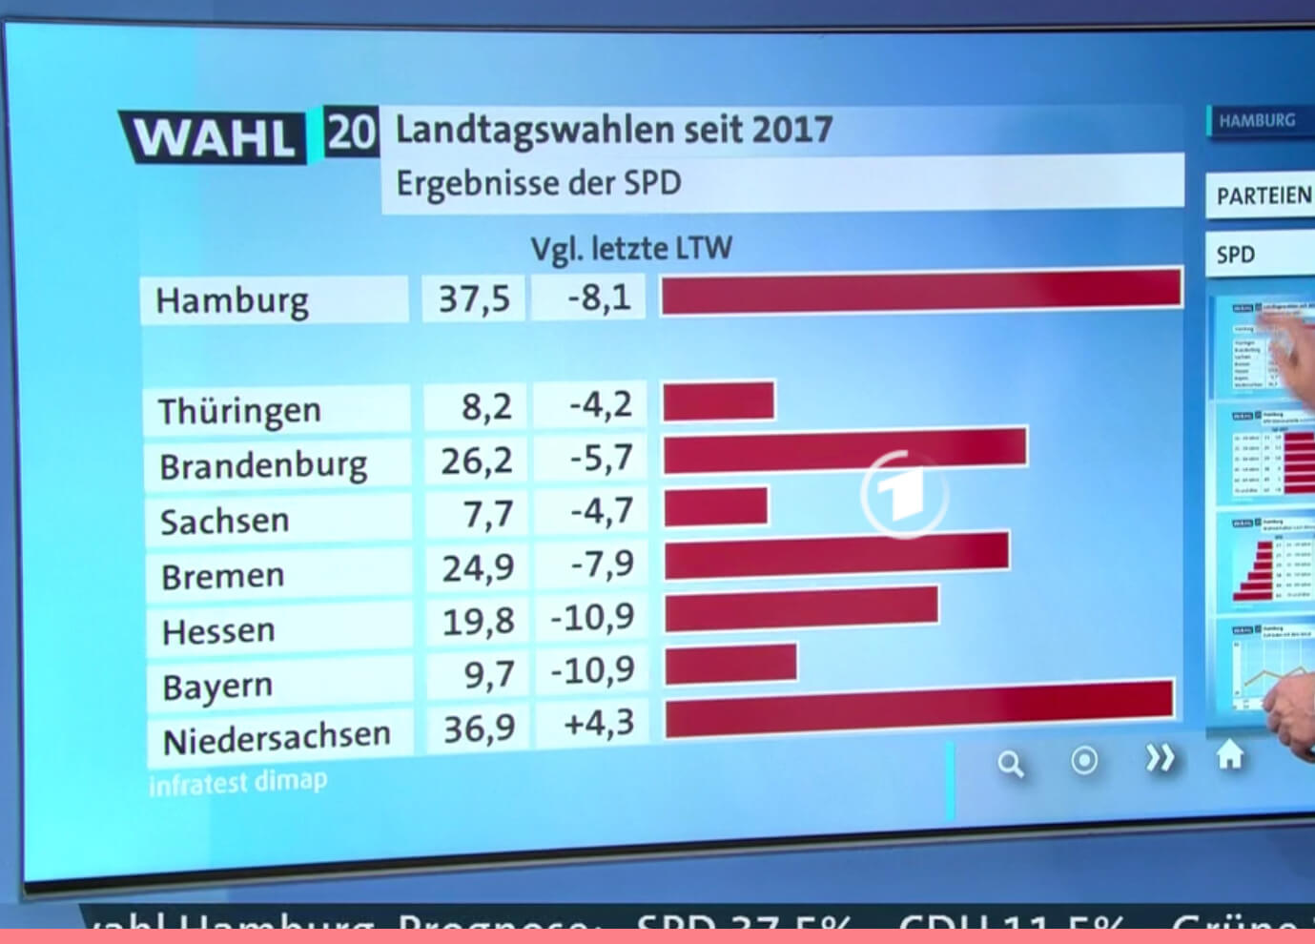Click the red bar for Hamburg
pyautogui.click(x=921, y=291)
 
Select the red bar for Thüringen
pyautogui.click(x=719, y=400)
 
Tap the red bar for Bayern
pyautogui.click(x=730, y=664)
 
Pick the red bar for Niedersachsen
pyautogui.click(x=918, y=708)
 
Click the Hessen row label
pyautogui.click(x=218, y=631)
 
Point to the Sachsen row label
pyautogui.click(x=224, y=521)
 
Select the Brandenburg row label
pyautogui.click(x=263, y=466)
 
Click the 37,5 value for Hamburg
pyautogui.click(x=474, y=299)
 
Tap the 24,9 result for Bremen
pyautogui.click(x=478, y=568)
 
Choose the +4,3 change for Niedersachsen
pyautogui.click(x=598, y=723)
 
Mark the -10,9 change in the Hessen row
pyautogui.click(x=592, y=618)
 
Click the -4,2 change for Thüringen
pyautogui.click(x=600, y=404)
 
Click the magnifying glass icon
pyautogui.click(x=1010, y=763)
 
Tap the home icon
pyautogui.click(x=1230, y=755)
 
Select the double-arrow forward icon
pyautogui.click(x=1160, y=759)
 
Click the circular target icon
pyautogui.click(x=1084, y=761)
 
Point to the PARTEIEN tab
pyautogui.click(x=1263, y=195)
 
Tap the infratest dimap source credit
pyautogui.click(x=238, y=782)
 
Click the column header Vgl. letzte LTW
pyautogui.click(x=631, y=249)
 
